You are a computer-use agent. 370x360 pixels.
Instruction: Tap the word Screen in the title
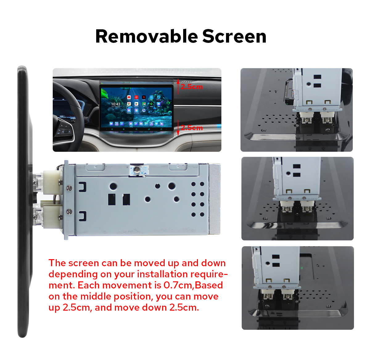(234, 36)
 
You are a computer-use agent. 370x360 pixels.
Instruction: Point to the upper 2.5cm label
(192, 87)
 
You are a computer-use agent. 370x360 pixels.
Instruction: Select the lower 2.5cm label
(192, 128)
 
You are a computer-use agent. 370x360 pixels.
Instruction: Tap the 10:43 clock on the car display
(116, 104)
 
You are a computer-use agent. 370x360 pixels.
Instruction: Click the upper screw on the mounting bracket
(69, 187)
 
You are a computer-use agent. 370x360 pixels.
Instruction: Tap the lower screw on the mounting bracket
(69, 212)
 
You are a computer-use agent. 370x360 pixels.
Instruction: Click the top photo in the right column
(296, 110)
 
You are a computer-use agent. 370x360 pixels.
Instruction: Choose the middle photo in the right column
(297, 199)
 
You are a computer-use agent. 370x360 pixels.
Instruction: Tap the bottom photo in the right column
(298, 288)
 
